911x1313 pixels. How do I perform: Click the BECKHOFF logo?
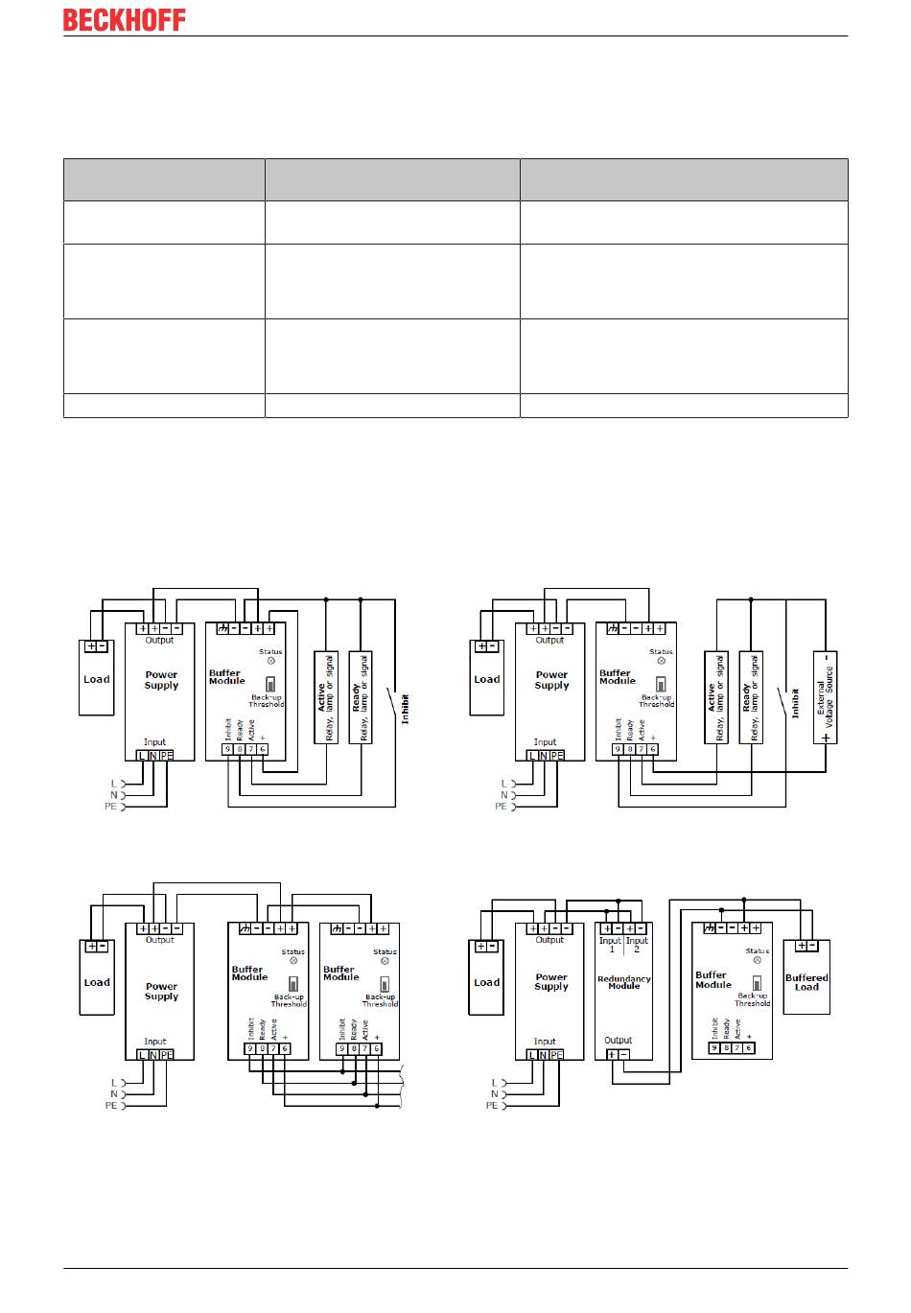coord(124,19)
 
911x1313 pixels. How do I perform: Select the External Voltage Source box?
coord(825,698)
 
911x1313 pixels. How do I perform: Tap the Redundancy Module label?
coord(623,982)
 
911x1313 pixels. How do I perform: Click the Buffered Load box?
coord(806,976)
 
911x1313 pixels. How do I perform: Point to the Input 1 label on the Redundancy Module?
coord(610,945)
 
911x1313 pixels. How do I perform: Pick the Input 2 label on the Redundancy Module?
coord(637,945)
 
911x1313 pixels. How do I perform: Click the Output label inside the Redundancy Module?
coord(618,1040)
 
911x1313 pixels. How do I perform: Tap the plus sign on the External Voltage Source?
coord(825,739)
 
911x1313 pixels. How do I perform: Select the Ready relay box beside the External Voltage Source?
coord(751,698)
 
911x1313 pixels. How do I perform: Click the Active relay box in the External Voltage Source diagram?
coord(716,698)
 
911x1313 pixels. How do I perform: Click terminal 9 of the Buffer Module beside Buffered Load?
coord(714,1048)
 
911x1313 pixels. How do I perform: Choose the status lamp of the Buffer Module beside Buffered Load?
coord(757,960)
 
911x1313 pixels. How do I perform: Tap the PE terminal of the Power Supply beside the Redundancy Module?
coord(556,1054)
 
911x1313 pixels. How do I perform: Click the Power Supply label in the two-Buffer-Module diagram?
coord(161,991)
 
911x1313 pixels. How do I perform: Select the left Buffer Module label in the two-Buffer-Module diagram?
coord(248,973)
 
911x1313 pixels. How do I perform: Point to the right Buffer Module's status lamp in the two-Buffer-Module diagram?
coord(385,961)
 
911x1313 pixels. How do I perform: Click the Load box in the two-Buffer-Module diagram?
coord(96,977)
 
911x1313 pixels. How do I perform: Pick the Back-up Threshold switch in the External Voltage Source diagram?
coord(660,685)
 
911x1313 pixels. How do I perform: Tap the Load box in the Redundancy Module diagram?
coord(486,977)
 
